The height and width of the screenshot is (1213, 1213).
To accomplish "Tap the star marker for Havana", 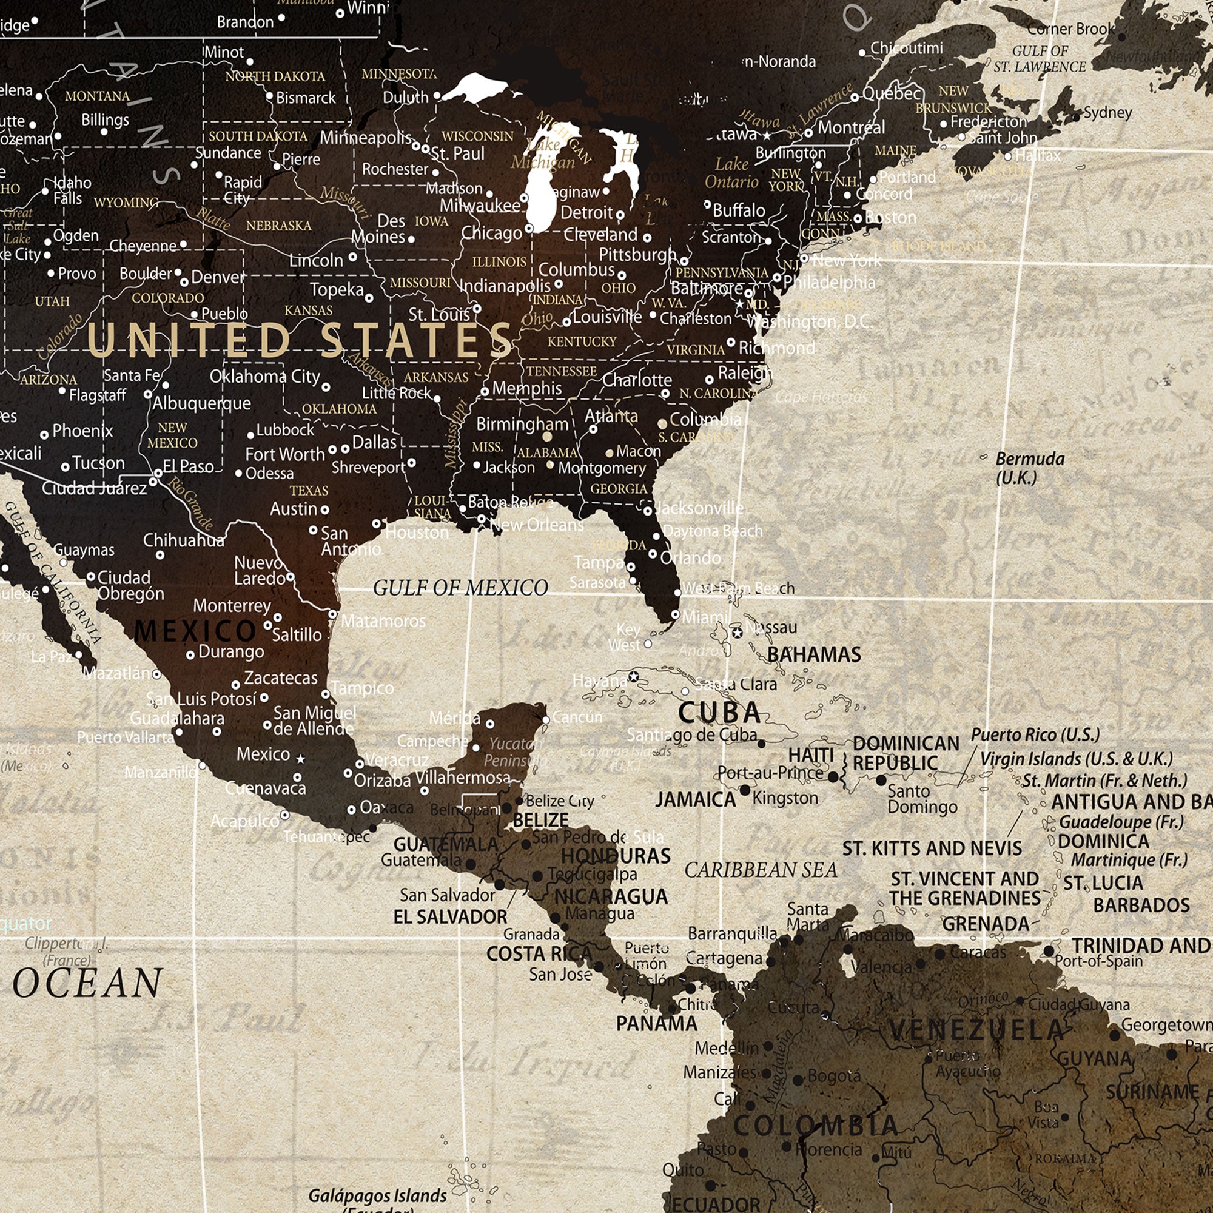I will pos(634,676).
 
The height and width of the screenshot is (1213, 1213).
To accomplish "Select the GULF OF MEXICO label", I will pos(460,588).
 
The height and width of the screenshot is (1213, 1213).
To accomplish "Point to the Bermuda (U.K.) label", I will pos(1030,468).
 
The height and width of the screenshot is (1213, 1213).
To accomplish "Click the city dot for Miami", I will pos(676,614).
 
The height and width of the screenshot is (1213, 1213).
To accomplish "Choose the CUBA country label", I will pos(719,713).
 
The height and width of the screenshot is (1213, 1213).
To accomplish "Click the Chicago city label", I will pos(492,233).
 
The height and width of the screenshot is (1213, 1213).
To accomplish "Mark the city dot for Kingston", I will pos(745,790).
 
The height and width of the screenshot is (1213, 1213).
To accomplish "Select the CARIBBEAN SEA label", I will pos(761,870).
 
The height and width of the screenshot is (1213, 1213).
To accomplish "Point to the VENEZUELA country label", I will pos(976,1030).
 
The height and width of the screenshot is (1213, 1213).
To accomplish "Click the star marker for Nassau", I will pos(738,632).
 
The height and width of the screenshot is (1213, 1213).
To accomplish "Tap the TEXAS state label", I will pos(309,490).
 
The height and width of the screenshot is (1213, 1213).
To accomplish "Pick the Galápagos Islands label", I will pos(377,1195).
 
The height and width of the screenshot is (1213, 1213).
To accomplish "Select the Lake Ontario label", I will pos(731,173).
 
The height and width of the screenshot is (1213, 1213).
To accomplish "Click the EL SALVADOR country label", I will pos(450,916).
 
